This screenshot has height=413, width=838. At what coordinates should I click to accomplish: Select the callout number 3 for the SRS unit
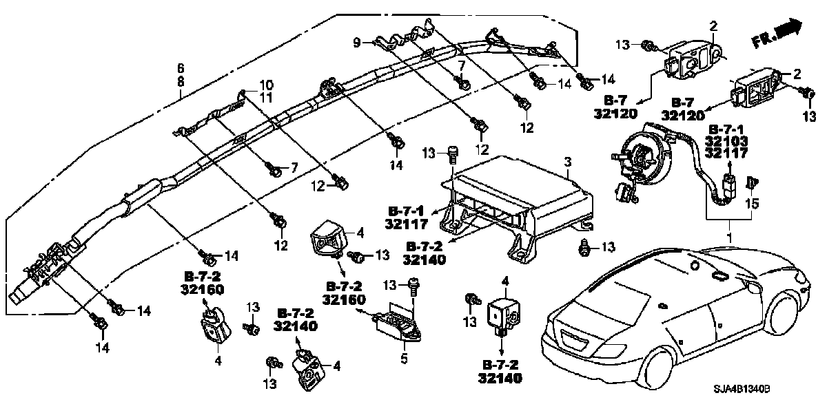click(x=568, y=162)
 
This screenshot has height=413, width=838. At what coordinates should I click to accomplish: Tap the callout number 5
click(x=405, y=358)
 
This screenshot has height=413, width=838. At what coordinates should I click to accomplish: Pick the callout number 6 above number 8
click(x=181, y=68)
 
